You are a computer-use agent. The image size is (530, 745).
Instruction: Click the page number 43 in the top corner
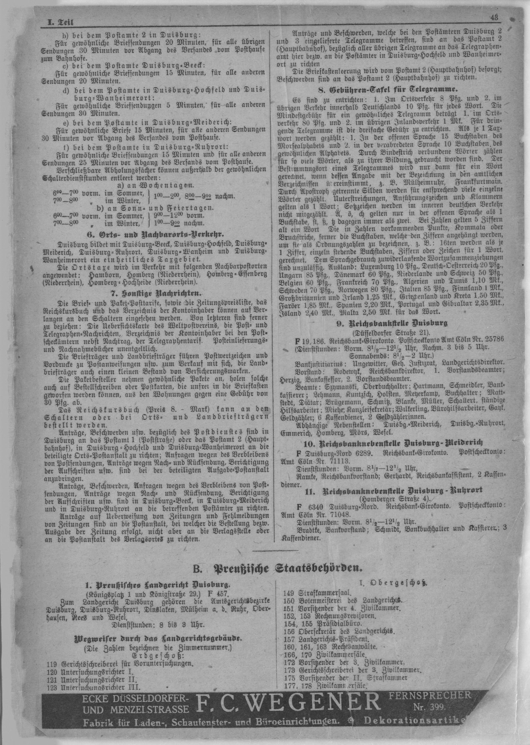494,18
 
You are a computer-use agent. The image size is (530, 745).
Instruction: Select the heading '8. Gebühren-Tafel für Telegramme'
387,89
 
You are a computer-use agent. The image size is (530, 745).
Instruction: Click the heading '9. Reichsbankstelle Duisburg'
391,324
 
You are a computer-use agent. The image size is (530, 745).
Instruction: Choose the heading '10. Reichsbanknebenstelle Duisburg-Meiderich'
391,443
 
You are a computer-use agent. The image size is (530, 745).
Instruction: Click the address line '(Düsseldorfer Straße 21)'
391,333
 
